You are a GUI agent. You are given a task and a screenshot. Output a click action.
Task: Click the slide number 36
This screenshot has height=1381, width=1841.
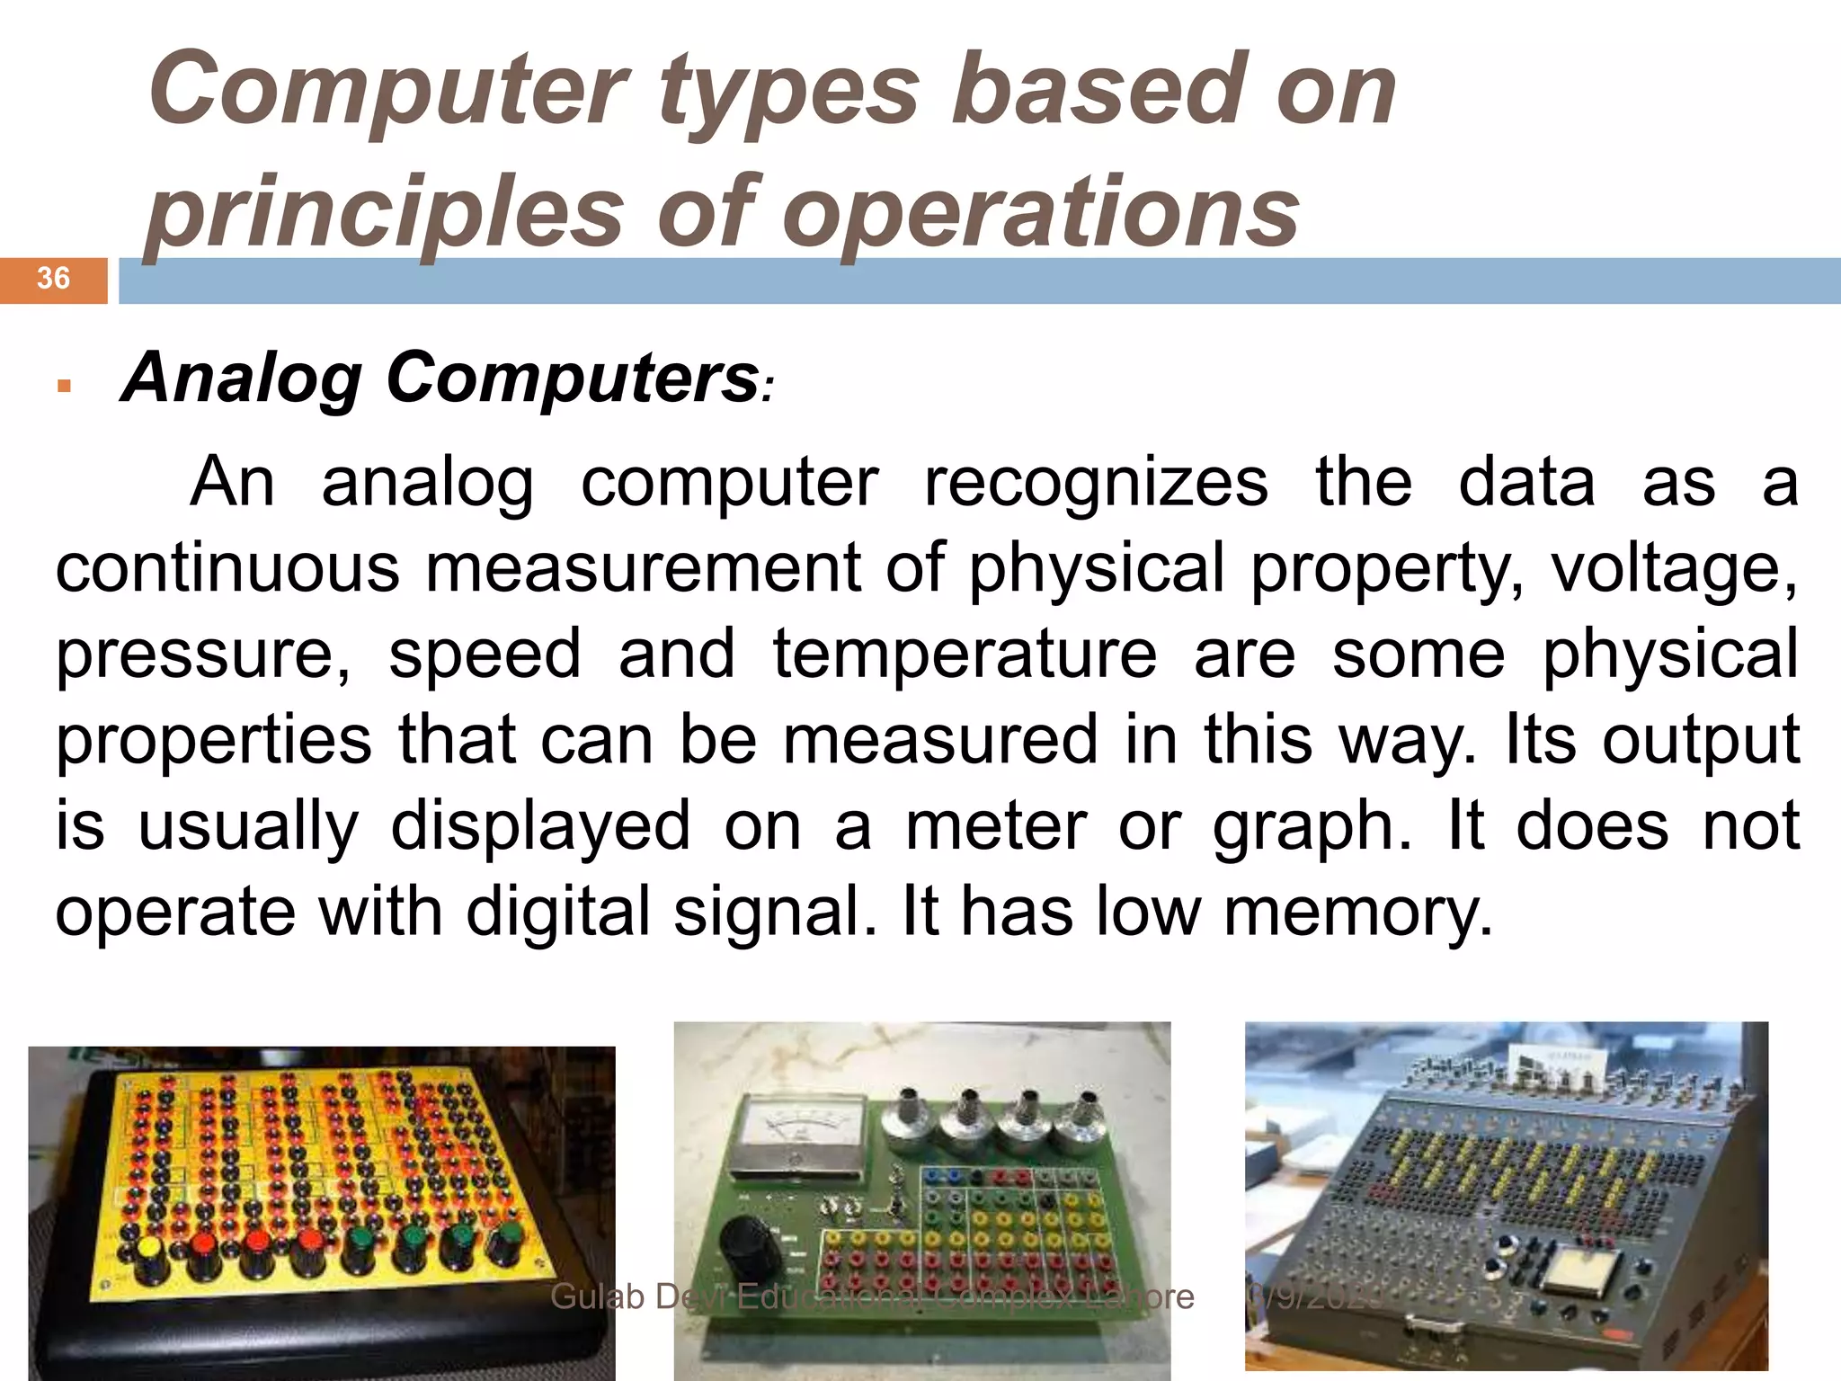53,279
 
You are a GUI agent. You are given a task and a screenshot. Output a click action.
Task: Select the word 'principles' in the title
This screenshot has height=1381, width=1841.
384,212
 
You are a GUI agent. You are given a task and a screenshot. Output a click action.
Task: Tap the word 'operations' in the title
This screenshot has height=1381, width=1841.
1041,212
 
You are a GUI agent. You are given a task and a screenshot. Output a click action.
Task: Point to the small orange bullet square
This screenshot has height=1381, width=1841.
63,387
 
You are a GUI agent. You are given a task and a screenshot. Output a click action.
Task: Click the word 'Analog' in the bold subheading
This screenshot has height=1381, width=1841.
242,378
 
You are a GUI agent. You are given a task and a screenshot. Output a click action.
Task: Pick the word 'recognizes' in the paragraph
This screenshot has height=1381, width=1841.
1096,483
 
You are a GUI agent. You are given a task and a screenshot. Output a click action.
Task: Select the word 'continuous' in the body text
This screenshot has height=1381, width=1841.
227,568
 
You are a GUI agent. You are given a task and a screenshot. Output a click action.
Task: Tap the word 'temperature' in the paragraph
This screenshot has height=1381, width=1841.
965,654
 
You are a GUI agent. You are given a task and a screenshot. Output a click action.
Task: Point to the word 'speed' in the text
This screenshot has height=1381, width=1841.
485,654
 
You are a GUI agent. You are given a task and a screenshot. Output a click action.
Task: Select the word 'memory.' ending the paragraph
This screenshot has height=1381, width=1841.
1358,912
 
